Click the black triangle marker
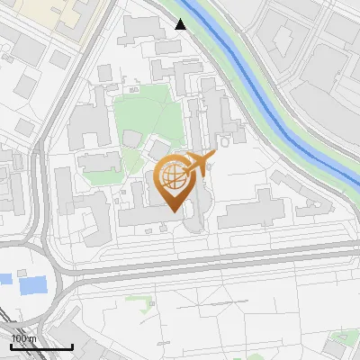(x=181, y=24)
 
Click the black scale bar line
(x=41, y=347)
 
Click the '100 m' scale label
(x=24, y=338)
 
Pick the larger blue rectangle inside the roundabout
(x=32, y=285)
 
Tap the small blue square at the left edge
(x=4, y=279)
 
